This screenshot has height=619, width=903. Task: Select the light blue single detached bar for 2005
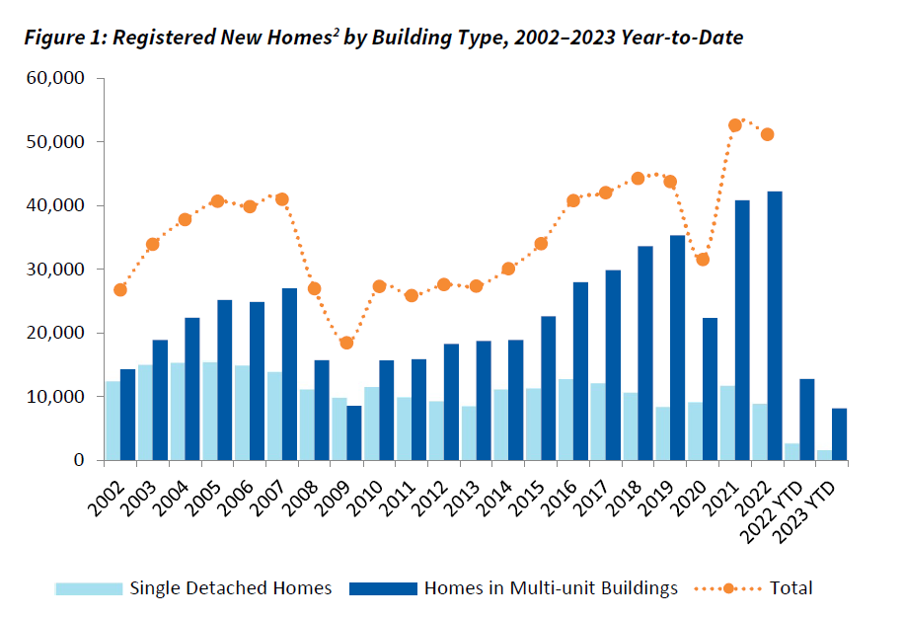click(x=209, y=411)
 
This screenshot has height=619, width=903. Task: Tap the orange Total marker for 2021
click(x=734, y=125)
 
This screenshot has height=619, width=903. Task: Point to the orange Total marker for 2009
click(x=346, y=343)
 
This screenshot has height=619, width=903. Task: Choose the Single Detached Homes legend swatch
click(x=89, y=588)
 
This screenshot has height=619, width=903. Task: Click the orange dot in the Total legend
click(x=728, y=588)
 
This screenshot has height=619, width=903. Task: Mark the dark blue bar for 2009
click(x=354, y=432)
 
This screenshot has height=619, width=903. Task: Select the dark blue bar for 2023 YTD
click(x=839, y=434)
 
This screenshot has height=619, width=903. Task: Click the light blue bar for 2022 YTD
click(x=791, y=451)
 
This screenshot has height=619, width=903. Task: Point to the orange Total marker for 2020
click(x=703, y=260)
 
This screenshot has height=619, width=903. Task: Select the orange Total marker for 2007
click(x=281, y=199)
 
